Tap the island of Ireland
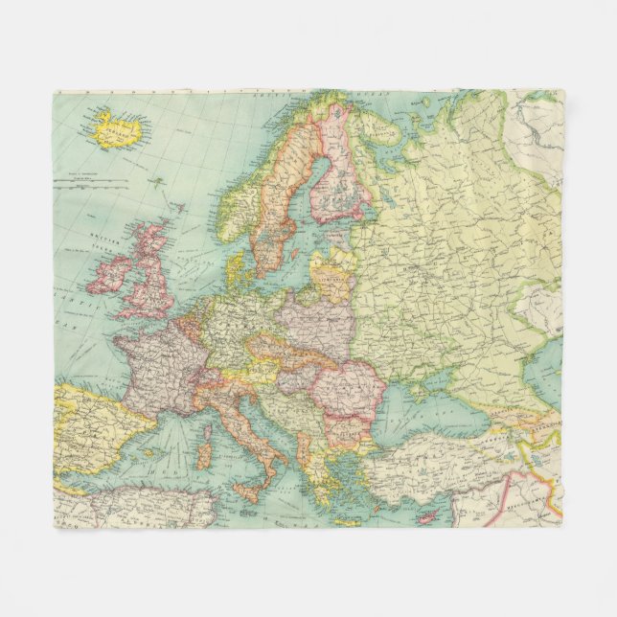(107, 274)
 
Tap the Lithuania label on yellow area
(334, 279)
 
